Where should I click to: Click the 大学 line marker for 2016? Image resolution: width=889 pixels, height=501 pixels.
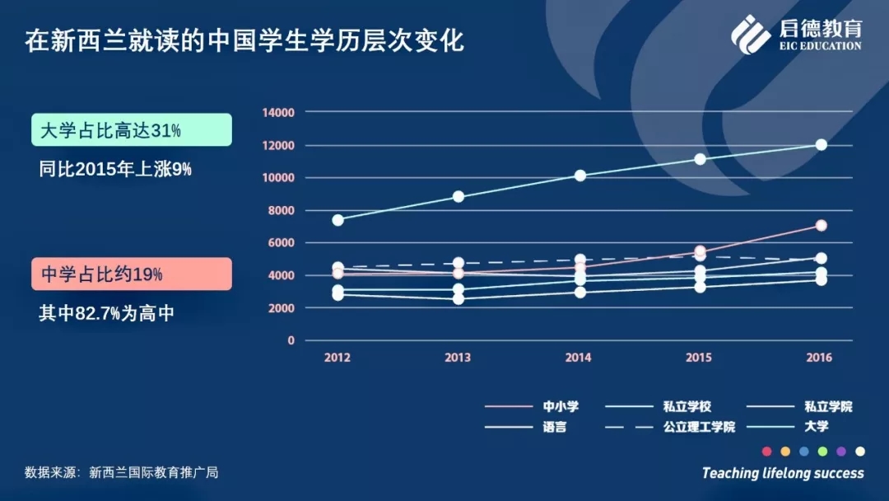(821, 145)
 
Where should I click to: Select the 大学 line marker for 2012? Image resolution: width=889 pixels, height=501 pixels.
(338, 219)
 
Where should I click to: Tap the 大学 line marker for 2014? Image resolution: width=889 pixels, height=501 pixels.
(580, 176)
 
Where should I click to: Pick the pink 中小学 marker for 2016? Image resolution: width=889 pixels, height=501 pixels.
(821, 225)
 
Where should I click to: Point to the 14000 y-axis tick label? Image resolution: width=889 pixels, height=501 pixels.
(278, 112)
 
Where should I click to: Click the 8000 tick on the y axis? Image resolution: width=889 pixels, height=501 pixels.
(282, 210)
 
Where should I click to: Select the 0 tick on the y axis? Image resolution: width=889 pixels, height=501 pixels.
(291, 340)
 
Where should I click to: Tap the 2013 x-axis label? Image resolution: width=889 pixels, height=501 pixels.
(458, 358)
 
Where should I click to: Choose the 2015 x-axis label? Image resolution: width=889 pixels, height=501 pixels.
(699, 358)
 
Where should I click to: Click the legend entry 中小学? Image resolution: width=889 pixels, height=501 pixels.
(532, 406)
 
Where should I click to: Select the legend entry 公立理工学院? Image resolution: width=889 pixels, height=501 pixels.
(670, 427)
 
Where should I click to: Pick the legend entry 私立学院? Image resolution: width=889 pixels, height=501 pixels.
(799, 406)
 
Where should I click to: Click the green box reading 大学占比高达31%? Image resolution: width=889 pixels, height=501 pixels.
(132, 130)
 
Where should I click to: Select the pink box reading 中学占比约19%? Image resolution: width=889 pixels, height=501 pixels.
(132, 274)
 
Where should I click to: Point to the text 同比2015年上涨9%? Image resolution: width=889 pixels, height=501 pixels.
(115, 169)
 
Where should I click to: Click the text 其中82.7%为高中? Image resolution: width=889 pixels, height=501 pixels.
(106, 313)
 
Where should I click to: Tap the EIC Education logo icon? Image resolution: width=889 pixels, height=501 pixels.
(750, 35)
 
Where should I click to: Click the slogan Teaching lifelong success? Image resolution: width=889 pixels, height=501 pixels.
(783, 473)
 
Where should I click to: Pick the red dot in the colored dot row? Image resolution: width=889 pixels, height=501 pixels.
(767, 452)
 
